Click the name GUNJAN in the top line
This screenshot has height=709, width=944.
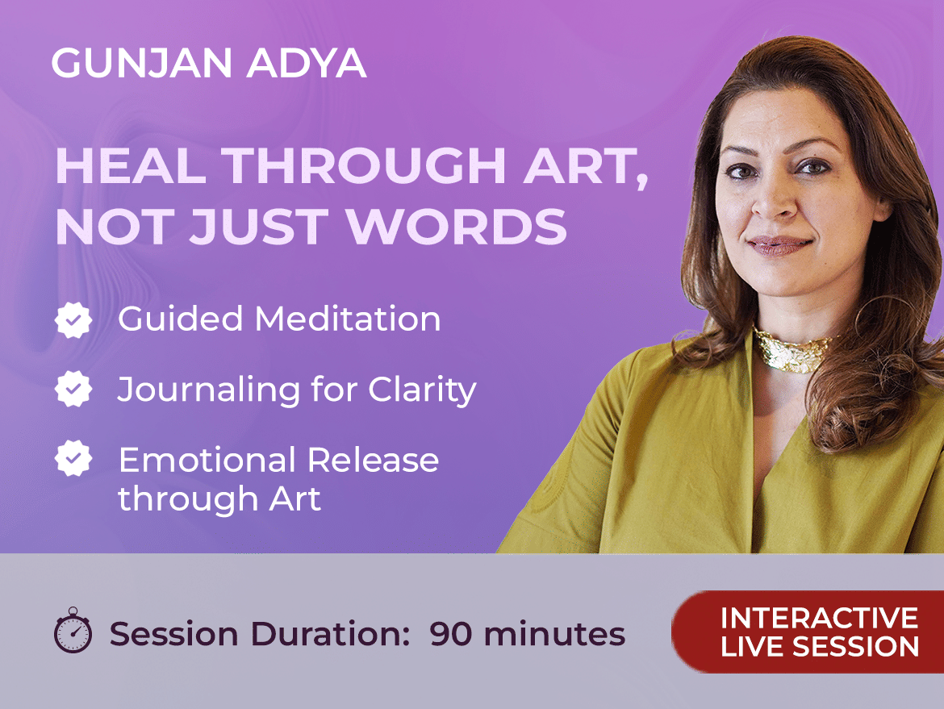[x=142, y=63]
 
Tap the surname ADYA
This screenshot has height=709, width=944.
[x=307, y=63]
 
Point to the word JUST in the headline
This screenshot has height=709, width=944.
[x=258, y=227]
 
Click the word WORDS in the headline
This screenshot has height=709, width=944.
[x=457, y=227]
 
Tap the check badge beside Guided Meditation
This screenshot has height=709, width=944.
[x=73, y=319]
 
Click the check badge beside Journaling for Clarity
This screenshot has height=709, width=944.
[x=73, y=389]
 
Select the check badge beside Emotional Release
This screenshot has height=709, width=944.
[x=73, y=459]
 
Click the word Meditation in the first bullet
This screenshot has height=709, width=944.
[x=348, y=319]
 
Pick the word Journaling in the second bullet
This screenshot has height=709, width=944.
[x=208, y=390]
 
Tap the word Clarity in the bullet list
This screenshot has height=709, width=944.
[x=422, y=390]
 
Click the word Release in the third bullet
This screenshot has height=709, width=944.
[x=374, y=461]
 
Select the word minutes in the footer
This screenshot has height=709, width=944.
[x=554, y=634]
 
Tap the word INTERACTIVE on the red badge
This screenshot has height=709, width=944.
[x=820, y=618]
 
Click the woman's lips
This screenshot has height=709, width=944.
[x=780, y=245]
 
